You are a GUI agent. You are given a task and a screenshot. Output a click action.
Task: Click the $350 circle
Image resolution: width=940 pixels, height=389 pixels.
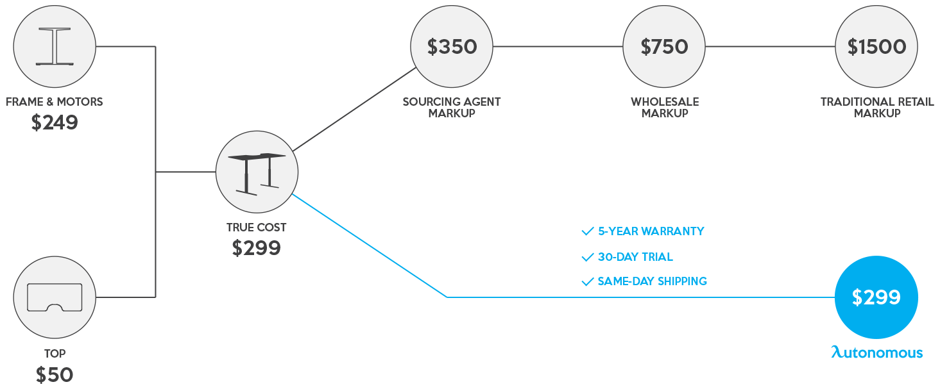point(452,47)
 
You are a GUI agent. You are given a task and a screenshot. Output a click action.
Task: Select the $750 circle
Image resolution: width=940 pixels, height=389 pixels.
point(664,47)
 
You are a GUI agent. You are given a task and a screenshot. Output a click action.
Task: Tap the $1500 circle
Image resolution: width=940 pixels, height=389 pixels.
point(876,47)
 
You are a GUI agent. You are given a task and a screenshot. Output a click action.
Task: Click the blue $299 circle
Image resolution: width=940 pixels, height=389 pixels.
point(876,297)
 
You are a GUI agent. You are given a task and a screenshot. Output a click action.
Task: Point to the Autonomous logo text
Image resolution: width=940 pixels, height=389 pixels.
point(876,352)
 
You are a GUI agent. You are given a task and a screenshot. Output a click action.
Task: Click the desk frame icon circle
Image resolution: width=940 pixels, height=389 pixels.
point(55,47)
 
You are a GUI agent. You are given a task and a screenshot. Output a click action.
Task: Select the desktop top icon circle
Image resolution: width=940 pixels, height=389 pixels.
point(55,297)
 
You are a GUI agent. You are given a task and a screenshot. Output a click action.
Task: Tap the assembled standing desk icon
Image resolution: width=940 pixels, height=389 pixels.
point(257,172)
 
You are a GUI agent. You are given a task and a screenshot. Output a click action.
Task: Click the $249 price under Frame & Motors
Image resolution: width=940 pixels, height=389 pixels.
point(55,122)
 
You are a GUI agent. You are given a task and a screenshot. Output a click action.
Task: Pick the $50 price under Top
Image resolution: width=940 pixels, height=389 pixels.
point(55,374)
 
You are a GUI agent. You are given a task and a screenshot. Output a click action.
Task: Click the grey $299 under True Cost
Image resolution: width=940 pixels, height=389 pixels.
point(257,248)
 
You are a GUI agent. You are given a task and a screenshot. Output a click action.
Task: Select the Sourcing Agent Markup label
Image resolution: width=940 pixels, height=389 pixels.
point(452,107)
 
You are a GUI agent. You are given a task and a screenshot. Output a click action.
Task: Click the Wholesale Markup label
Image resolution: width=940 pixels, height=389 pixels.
point(664,107)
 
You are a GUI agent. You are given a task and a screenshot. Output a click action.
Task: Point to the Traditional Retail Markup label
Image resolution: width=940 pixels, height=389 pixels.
point(876,107)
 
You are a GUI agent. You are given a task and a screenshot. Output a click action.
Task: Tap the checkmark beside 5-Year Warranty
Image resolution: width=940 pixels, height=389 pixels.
point(587,231)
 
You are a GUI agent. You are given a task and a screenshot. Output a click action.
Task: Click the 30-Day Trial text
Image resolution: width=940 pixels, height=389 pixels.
point(635,257)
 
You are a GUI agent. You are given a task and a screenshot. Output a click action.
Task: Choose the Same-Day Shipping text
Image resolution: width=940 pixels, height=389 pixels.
point(652,281)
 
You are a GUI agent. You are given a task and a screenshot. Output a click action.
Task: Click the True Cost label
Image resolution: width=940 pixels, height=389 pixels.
point(257,228)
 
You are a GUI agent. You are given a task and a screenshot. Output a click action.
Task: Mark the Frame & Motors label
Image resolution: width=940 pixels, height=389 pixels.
point(55,102)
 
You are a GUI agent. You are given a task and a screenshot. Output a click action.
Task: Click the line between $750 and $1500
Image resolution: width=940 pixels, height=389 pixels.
point(770,47)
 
